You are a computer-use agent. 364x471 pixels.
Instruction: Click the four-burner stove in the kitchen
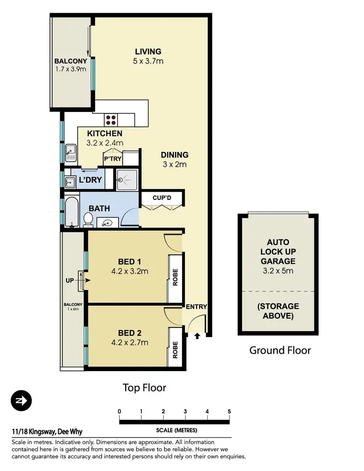111,119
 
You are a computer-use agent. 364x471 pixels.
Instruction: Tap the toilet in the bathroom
88,221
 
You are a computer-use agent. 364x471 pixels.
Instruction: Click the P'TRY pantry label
113,158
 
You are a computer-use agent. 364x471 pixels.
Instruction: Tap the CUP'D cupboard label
162,197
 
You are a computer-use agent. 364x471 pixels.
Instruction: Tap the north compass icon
21,401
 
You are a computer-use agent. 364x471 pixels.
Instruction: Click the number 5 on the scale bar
229,412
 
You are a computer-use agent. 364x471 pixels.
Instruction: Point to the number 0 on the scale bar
119,412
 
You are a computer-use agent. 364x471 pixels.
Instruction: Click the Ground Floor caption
280,350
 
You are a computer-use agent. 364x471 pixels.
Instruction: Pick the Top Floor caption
144,388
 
